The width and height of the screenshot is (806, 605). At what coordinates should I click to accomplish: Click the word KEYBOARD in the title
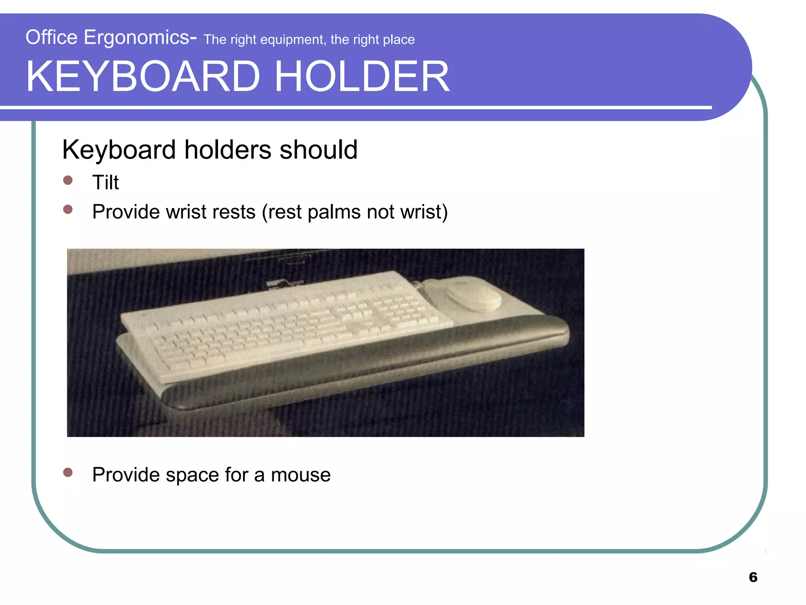[143, 76]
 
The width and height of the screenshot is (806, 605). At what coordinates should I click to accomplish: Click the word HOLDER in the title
[362, 76]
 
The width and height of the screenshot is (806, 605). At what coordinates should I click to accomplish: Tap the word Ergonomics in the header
[137, 38]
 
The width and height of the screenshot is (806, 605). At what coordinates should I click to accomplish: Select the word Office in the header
[52, 38]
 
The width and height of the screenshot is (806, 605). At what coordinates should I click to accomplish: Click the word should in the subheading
[318, 150]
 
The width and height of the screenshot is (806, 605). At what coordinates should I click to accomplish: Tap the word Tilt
[105, 182]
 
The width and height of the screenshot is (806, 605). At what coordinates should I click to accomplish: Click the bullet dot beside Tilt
[68, 180]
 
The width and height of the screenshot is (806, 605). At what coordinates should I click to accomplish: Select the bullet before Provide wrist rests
[68, 210]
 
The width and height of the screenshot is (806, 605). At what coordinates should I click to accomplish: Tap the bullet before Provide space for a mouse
[68, 472]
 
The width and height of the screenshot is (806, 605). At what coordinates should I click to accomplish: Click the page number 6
[753, 577]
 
